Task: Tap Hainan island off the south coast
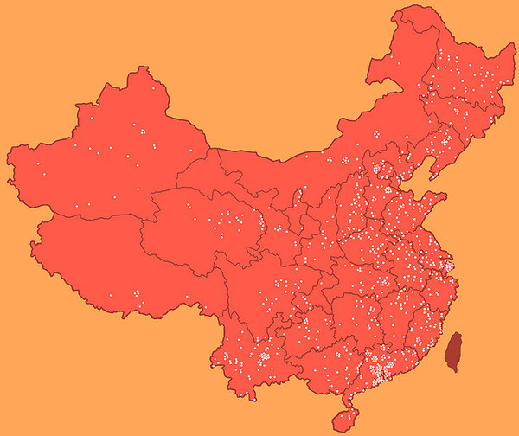[345, 420]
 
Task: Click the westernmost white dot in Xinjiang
[37, 163]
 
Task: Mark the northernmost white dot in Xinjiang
[157, 87]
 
